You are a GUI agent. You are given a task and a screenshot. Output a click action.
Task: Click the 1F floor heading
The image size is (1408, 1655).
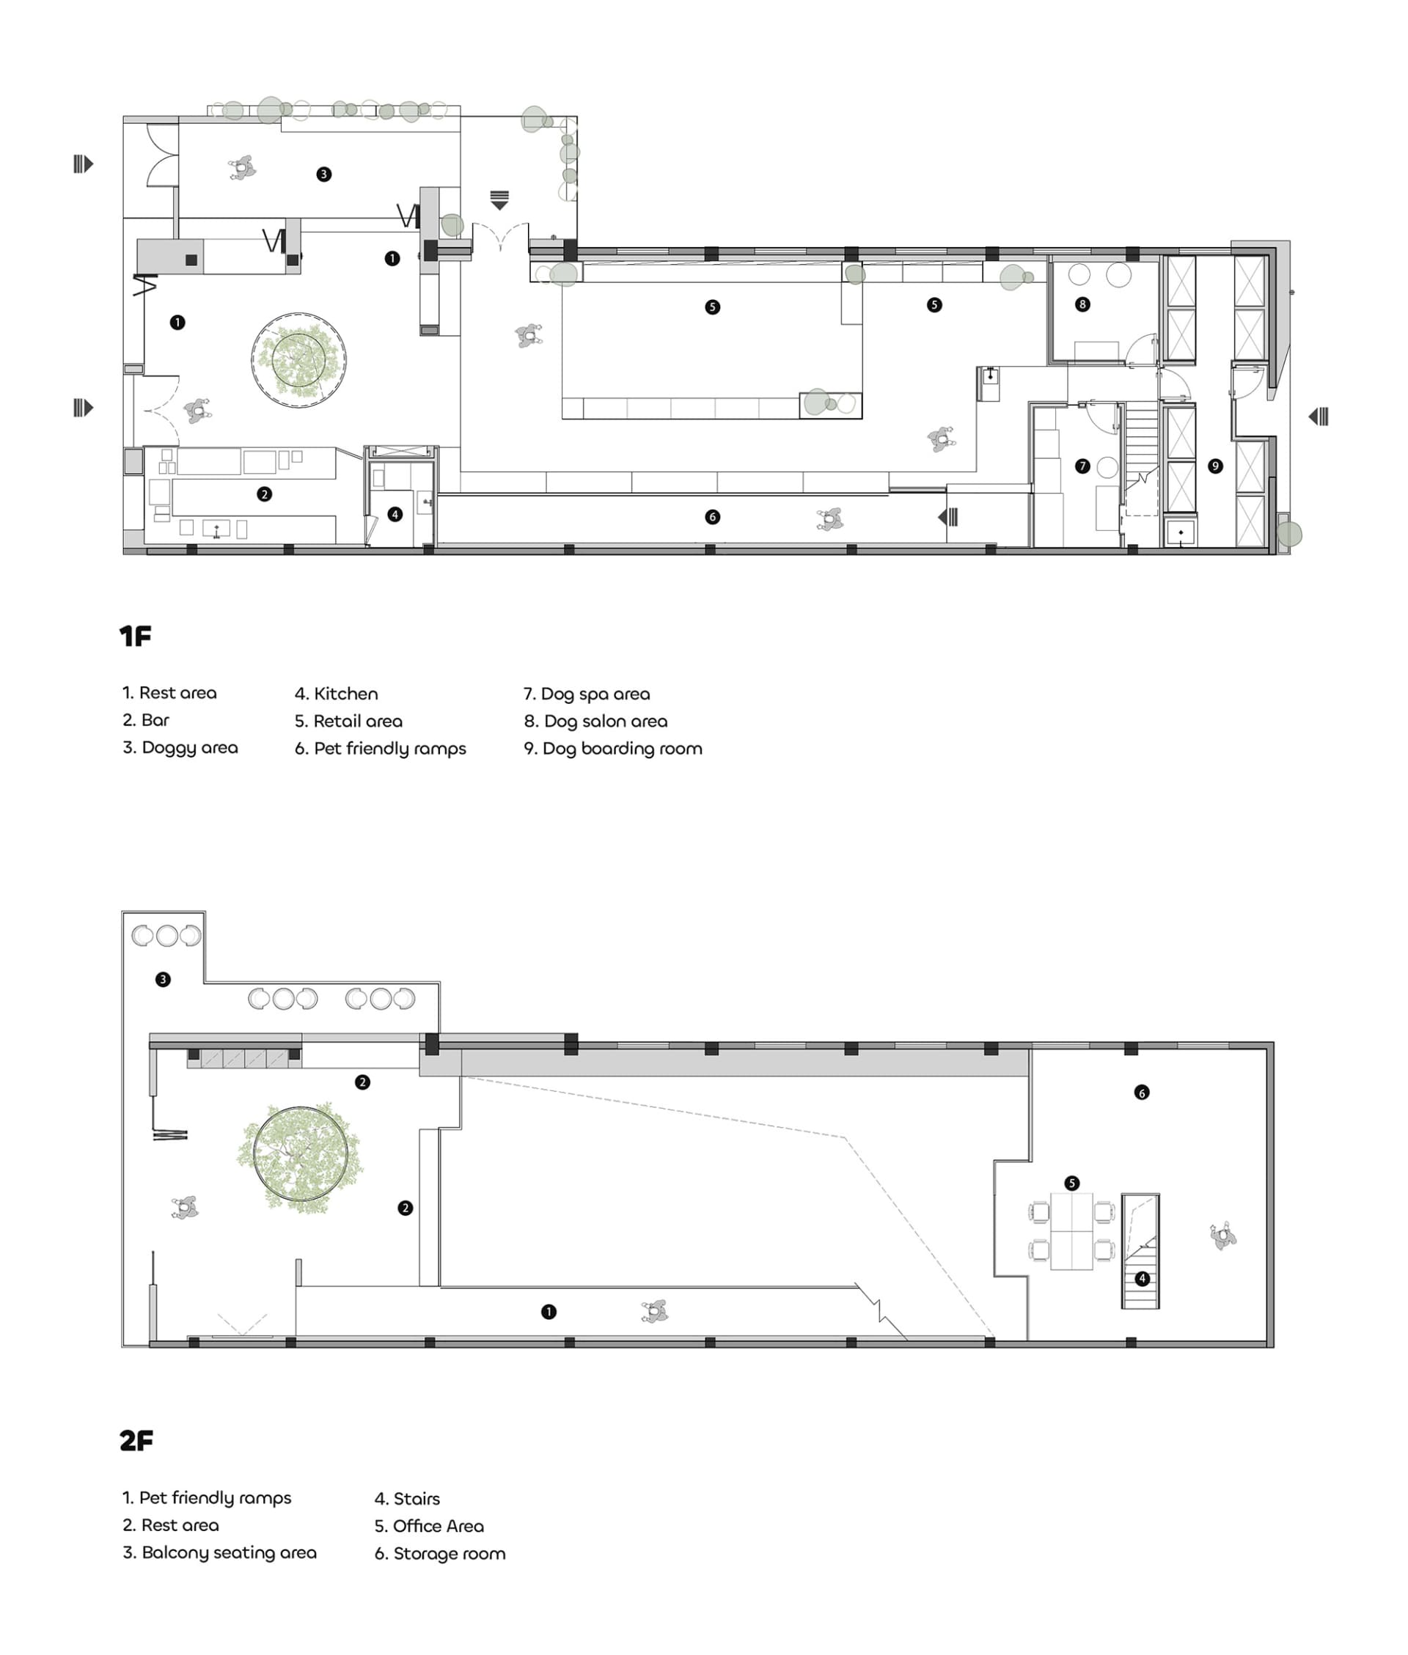[136, 636]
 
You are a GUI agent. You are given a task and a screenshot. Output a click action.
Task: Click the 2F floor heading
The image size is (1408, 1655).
[136, 1440]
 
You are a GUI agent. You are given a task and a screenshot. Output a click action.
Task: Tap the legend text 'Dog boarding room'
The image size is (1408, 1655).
[613, 749]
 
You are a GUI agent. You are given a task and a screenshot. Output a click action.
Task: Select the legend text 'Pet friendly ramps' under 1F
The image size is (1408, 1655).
[381, 749]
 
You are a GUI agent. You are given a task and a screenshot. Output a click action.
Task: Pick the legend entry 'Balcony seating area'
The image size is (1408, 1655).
[219, 1553]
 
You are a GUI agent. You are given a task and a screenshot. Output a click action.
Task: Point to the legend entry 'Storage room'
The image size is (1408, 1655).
[440, 1554]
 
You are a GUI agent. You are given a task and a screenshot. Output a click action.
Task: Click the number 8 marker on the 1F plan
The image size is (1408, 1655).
[1082, 304]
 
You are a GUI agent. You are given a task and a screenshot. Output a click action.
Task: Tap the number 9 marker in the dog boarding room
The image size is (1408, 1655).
[1215, 466]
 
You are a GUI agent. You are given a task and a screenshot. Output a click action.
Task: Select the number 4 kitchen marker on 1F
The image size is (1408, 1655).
[395, 515]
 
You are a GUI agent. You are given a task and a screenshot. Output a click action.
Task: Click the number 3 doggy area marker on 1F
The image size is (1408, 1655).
[323, 174]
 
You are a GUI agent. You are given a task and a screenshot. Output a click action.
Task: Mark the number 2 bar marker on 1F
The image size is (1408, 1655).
[264, 495]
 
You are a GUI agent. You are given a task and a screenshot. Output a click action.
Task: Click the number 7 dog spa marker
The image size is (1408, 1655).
[1082, 466]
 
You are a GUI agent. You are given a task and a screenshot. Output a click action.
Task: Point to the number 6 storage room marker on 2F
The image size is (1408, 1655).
[1141, 1093]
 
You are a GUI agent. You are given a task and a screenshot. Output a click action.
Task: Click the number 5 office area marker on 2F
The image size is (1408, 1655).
[1072, 1183]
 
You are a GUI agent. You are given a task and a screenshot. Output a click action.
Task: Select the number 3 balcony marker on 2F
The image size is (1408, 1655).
[163, 979]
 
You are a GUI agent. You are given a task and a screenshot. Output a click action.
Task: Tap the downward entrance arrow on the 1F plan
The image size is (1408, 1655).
[499, 199]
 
